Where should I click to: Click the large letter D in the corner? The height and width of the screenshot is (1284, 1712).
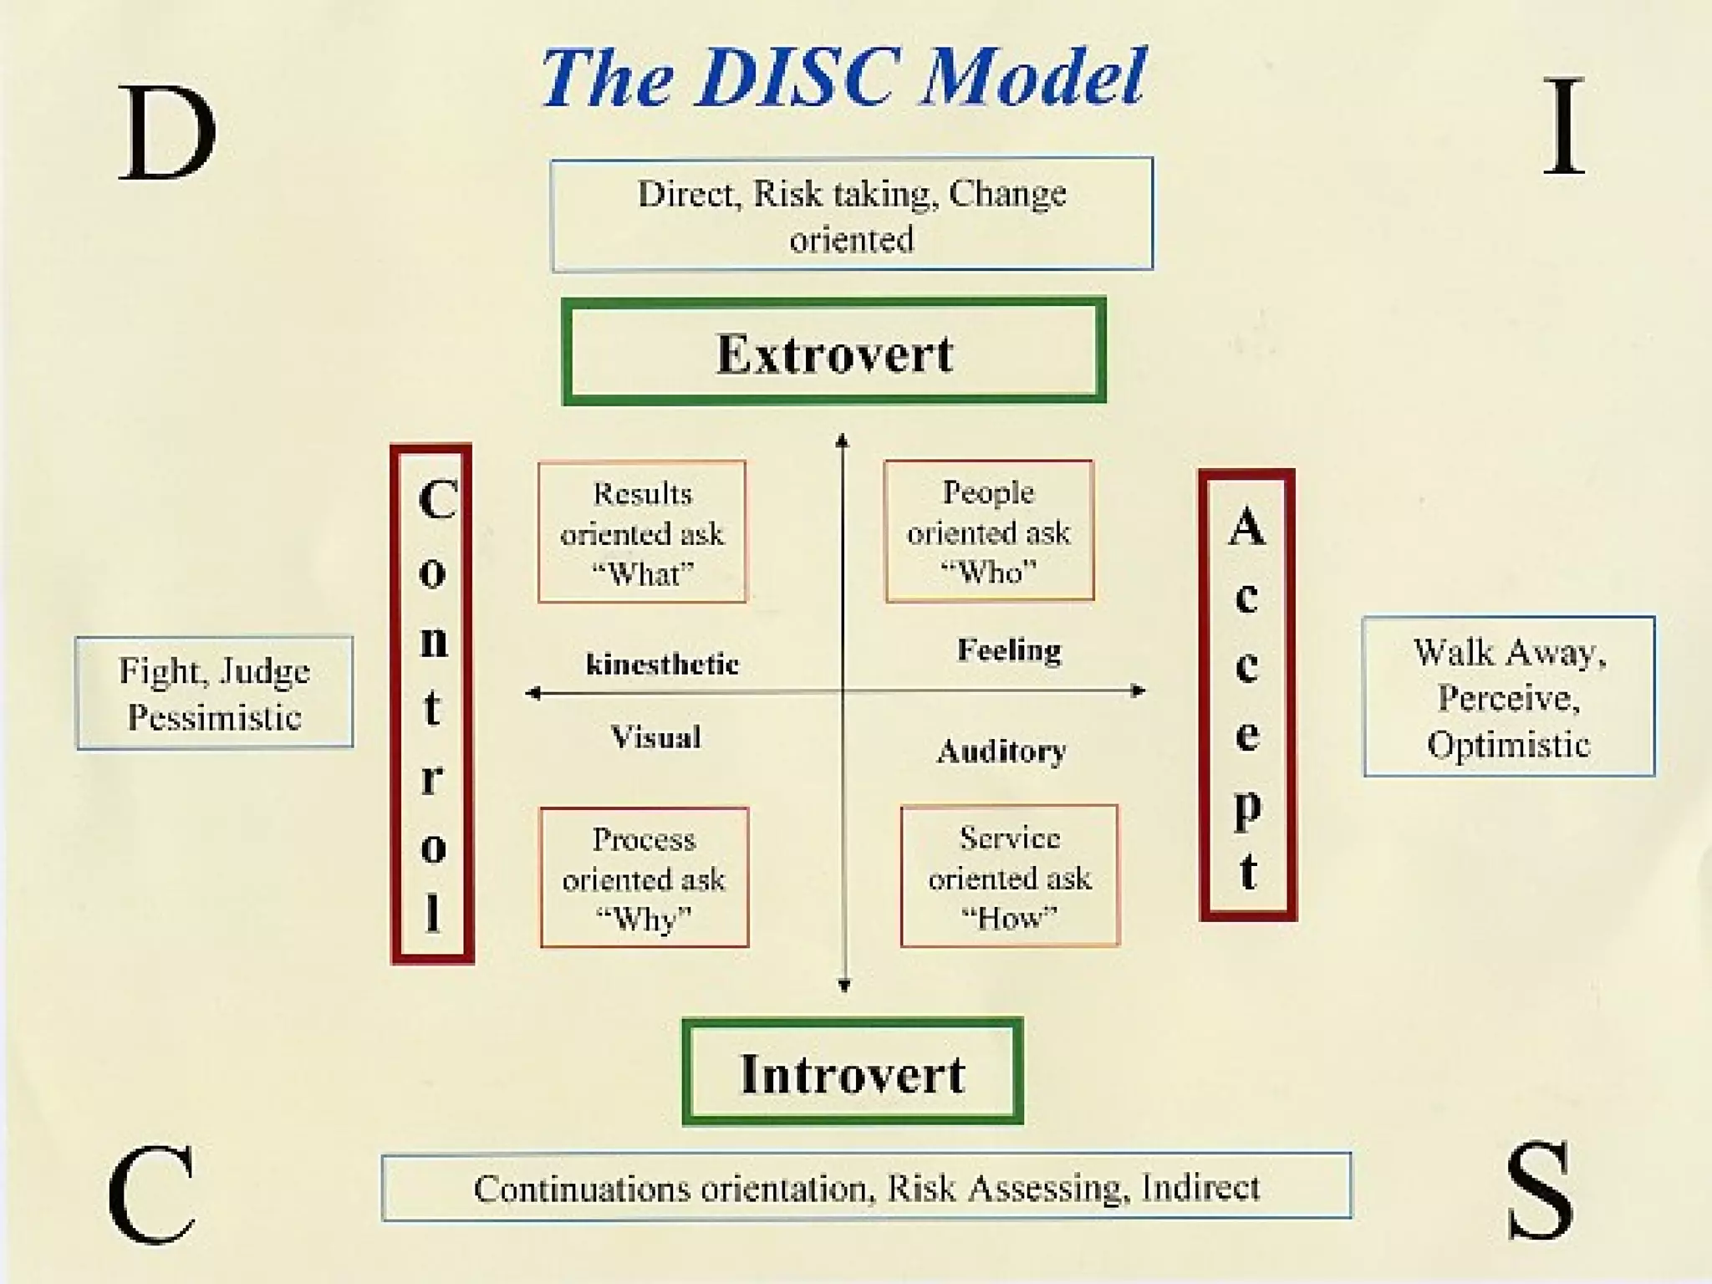[167, 132]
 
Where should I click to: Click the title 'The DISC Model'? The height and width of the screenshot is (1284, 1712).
[844, 77]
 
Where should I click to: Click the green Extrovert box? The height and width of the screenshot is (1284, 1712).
[833, 351]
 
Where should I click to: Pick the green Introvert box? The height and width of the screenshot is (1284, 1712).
[853, 1073]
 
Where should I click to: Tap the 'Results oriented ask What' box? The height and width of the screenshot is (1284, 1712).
[642, 532]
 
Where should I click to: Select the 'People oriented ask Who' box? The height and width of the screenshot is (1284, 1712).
[989, 531]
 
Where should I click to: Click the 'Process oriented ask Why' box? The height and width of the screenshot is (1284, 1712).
[644, 878]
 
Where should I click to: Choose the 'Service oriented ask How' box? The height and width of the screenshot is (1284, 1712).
[1009, 876]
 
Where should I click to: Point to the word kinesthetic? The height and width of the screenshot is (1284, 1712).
[662, 665]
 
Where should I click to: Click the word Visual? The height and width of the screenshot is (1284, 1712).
[655, 737]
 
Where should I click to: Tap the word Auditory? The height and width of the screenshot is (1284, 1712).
[1001, 751]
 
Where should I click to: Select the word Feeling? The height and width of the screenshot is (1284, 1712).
[1009, 650]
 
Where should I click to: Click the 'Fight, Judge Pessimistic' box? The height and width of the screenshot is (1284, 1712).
[215, 693]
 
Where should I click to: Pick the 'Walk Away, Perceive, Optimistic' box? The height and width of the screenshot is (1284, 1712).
[1509, 697]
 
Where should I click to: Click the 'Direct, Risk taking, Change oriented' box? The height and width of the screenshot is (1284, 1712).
[852, 215]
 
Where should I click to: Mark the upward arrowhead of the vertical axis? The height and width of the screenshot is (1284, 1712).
[843, 440]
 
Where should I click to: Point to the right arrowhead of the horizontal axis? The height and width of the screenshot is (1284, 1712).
[1139, 690]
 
